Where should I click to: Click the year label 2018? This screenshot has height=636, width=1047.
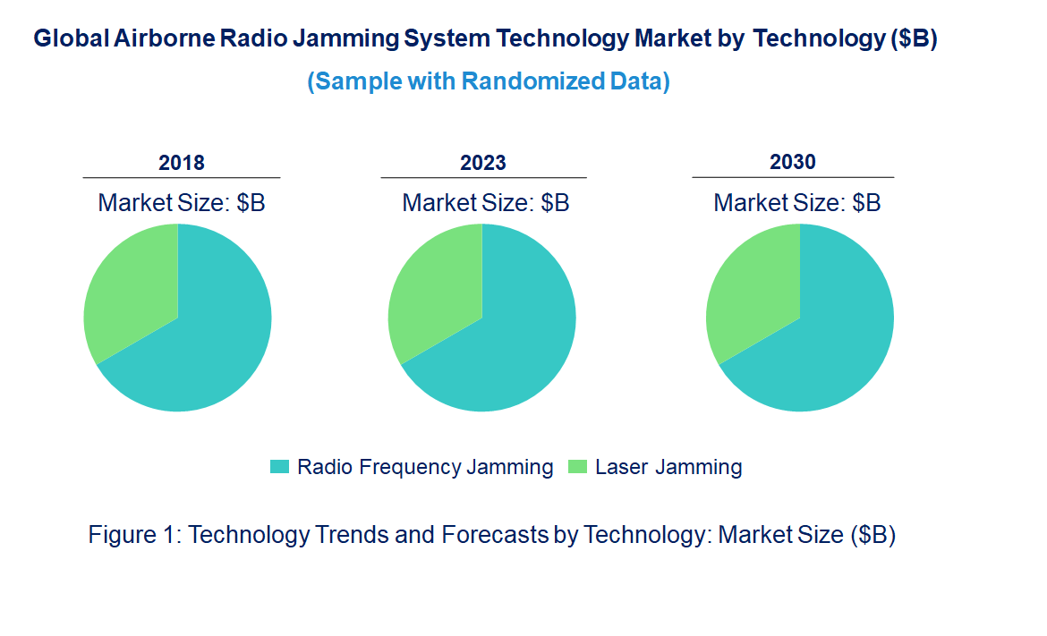point(182,163)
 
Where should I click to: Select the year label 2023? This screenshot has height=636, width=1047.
point(483,163)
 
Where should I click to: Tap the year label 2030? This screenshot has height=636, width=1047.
point(793,162)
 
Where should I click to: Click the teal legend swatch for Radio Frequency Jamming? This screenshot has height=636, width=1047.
point(280,467)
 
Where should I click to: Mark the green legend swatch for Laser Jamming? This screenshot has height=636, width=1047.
point(578,467)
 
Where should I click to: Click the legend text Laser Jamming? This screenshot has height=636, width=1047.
point(668,467)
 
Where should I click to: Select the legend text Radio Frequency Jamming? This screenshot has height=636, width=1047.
point(425,467)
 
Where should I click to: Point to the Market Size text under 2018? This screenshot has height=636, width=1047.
point(182,203)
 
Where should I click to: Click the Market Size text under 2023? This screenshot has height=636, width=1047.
point(486,203)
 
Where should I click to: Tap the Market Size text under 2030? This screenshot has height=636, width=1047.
point(796,203)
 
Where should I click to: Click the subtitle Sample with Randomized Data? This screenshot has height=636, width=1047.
point(489,81)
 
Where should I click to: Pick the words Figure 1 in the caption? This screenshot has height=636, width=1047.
point(135,535)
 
